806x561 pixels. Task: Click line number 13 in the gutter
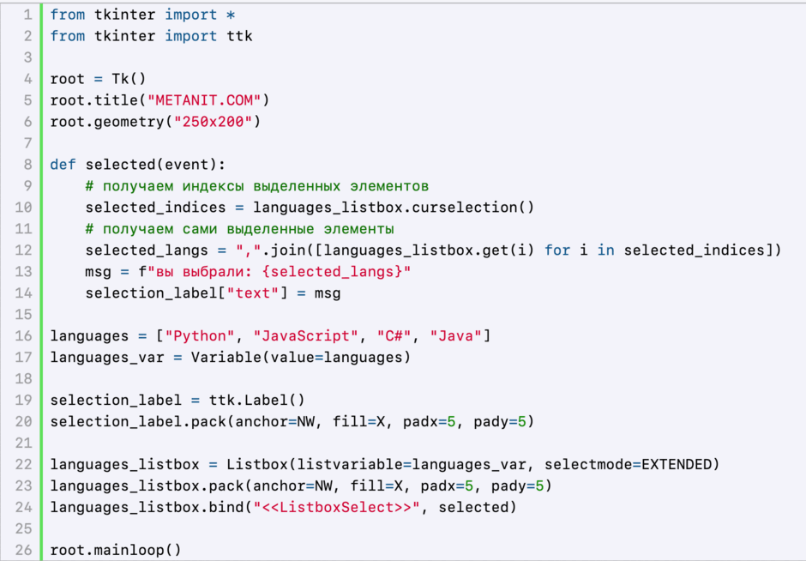(x=24, y=272)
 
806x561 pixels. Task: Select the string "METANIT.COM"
(x=204, y=100)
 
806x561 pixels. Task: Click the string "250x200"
(x=213, y=122)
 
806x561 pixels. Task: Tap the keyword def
(x=63, y=165)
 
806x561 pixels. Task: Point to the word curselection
(x=465, y=208)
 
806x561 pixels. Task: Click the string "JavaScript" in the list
(x=305, y=335)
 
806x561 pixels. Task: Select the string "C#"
(x=394, y=335)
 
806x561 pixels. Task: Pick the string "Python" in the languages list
(x=200, y=335)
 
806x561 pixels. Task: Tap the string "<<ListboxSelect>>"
(x=336, y=508)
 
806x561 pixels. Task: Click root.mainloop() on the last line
(x=116, y=550)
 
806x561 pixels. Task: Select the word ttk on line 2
(x=239, y=36)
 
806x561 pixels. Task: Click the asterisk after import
(x=231, y=15)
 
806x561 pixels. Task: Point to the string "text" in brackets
(x=252, y=293)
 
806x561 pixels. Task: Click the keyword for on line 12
(x=557, y=250)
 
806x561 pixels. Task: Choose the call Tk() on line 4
(x=129, y=79)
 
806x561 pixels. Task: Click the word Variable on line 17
(x=226, y=358)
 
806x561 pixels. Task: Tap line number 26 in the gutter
(x=24, y=550)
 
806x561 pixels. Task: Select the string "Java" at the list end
(x=455, y=335)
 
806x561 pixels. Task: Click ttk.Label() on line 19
(x=256, y=400)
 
